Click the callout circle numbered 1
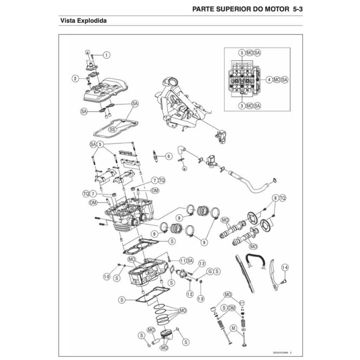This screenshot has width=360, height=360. [x=107, y=55]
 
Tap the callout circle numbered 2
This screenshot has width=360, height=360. [x=75, y=78]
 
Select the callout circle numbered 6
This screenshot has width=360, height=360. [x=169, y=156]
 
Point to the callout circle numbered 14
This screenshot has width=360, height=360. [x=284, y=268]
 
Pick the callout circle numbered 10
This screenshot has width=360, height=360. [x=107, y=277]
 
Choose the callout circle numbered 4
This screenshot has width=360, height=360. [x=269, y=80]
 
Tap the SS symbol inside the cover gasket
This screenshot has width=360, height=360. [x=112, y=129]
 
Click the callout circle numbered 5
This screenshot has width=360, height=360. [x=101, y=144]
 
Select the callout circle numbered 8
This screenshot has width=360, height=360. [x=276, y=198]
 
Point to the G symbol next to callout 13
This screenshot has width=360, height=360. [x=210, y=271]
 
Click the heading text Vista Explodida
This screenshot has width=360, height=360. [x=84, y=21]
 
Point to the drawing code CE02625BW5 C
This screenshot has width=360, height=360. [x=282, y=352]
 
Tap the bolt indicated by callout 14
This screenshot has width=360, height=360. [x=284, y=281]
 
